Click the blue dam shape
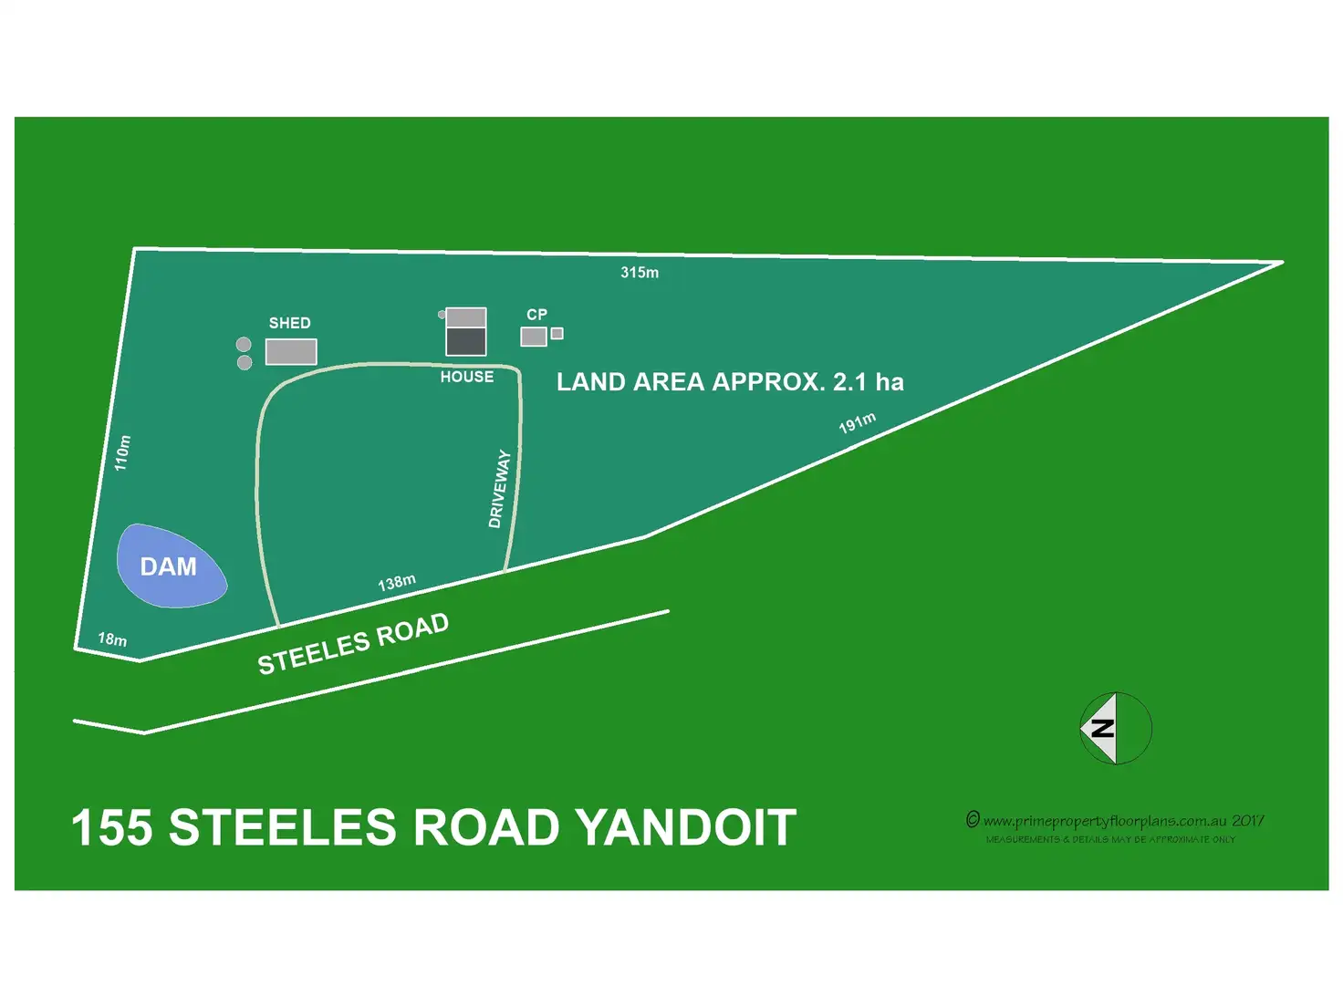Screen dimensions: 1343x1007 171,566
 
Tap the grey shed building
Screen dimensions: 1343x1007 291,351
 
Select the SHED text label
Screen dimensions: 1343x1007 289,323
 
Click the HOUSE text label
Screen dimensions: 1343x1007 466,377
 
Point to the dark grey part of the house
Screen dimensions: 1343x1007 466,341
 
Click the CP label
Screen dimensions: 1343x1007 536,315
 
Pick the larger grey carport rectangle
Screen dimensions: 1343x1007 534,337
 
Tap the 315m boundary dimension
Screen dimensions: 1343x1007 640,273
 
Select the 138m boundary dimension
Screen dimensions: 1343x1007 397,583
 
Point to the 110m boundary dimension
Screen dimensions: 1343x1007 122,452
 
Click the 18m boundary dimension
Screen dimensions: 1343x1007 112,639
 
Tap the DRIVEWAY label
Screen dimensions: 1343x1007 499,489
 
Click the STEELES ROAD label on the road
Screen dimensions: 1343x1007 353,644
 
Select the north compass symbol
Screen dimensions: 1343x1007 1115,728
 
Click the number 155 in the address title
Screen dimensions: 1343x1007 111,828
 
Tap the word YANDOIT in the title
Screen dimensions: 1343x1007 686,828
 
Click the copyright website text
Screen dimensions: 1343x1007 1114,821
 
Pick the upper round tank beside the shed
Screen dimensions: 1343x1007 244,344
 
